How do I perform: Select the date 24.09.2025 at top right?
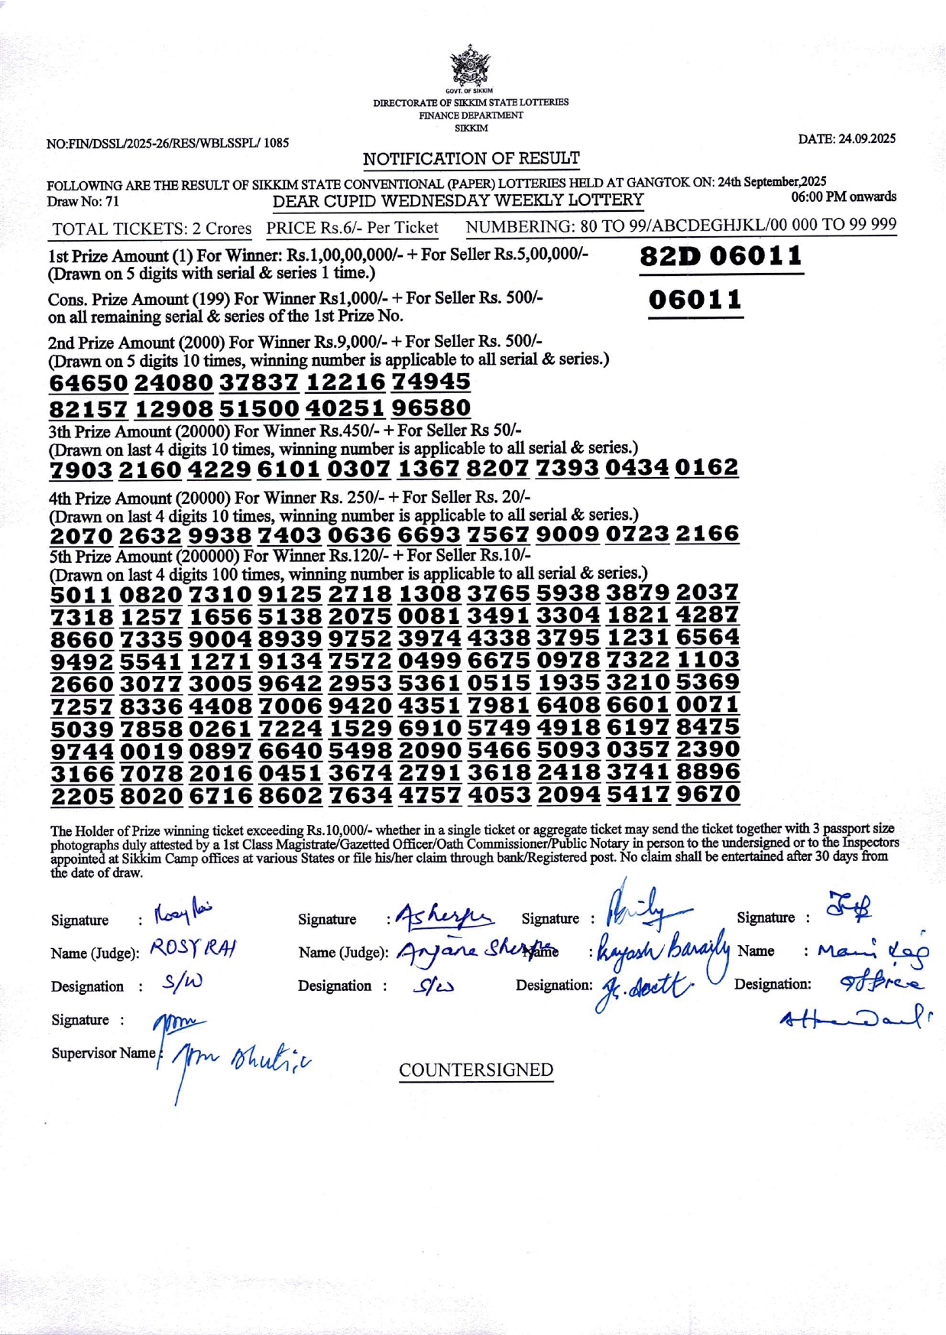[x=847, y=138]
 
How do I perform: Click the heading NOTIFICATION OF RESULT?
[x=471, y=158]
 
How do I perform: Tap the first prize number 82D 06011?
[x=721, y=255]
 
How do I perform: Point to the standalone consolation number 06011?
[x=695, y=299]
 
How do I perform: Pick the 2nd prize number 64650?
[x=89, y=382]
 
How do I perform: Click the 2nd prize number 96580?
[x=430, y=408]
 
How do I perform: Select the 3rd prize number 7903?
[x=82, y=469]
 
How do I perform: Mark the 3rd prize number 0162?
[x=707, y=467]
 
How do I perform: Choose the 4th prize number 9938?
[x=219, y=535]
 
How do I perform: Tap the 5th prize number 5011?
[x=82, y=594]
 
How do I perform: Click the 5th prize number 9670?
[x=708, y=794]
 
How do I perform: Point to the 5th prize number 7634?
[x=360, y=796]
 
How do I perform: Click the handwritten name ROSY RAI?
[x=193, y=949]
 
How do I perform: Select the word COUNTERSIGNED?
[x=476, y=1070]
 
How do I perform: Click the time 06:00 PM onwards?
[x=844, y=197]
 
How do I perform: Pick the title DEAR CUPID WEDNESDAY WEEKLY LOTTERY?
[x=458, y=200]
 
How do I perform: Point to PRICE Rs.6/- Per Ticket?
[x=352, y=228]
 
